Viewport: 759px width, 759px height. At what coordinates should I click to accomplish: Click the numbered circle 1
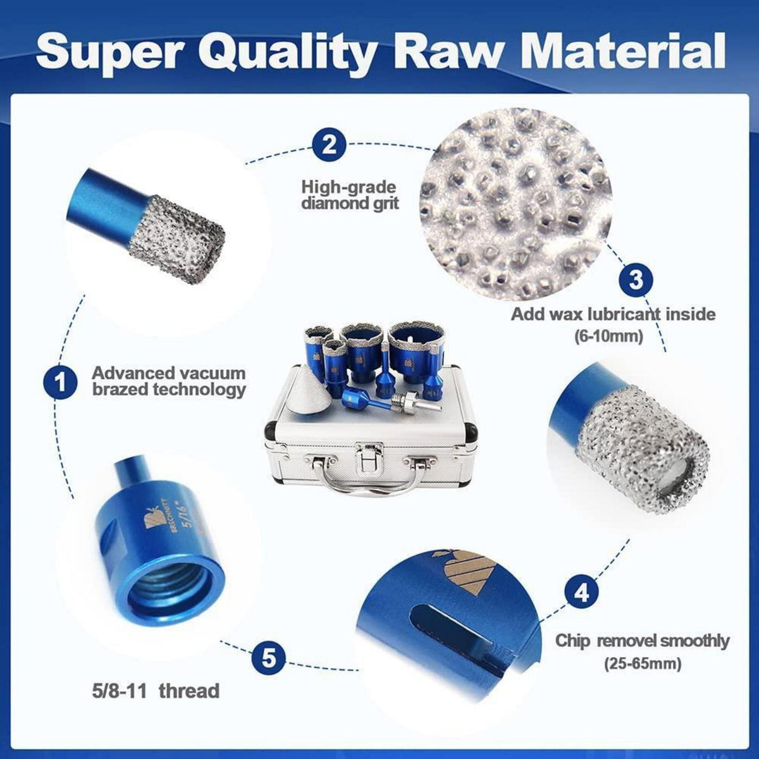coord(60,383)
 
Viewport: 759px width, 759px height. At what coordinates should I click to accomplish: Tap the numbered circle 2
coord(330,145)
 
